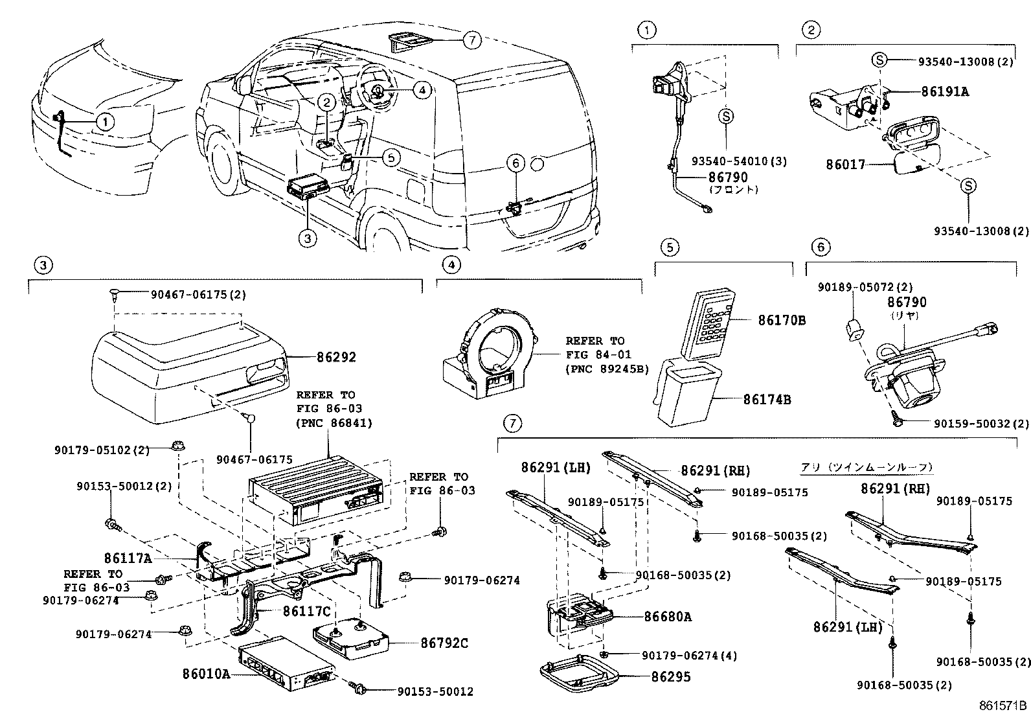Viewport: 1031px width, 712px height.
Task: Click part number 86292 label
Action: click(336, 357)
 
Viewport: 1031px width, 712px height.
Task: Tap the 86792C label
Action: click(444, 643)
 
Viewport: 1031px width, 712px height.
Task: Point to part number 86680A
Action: click(667, 617)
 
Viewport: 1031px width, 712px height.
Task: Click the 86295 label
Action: click(671, 677)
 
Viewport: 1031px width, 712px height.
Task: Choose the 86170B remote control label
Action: click(782, 320)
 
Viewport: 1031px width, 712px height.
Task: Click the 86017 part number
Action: click(845, 165)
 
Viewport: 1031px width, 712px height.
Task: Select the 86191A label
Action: click(945, 92)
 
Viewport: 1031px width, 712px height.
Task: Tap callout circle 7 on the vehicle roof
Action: click(472, 40)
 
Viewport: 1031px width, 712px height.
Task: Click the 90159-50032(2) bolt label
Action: click(980, 424)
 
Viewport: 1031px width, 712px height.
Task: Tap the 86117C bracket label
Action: click(306, 610)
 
